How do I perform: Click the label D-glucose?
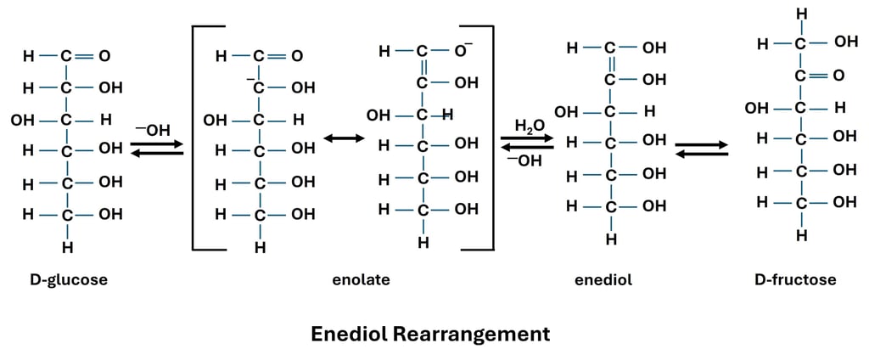[68, 279]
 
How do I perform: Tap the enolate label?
[361, 279]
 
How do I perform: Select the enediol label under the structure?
[603, 279]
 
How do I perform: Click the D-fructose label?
[795, 279]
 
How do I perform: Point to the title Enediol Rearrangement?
[430, 334]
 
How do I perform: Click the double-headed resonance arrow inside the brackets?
[338, 138]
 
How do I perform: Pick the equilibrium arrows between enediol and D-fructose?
[702, 149]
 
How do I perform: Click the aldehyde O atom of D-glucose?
[104, 57]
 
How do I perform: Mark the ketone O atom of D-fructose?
[838, 76]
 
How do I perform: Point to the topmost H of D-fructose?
[801, 14]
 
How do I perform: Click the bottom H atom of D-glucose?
[67, 248]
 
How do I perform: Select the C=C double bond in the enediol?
[609, 64]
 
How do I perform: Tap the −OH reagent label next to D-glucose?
[154, 130]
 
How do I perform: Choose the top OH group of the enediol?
[653, 48]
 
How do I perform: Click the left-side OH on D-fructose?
[756, 108]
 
